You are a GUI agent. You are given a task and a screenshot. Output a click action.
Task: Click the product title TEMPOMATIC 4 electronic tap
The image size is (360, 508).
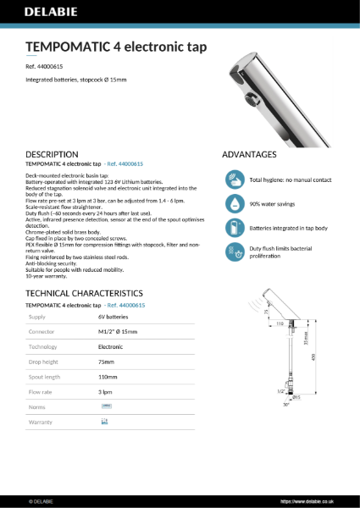click(x=115, y=46)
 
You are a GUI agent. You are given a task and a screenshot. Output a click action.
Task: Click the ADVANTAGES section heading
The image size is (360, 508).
click(x=249, y=155)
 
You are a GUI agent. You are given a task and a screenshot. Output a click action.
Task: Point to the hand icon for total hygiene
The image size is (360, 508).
click(x=234, y=179)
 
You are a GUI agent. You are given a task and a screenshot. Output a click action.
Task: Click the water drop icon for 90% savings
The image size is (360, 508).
click(x=234, y=203)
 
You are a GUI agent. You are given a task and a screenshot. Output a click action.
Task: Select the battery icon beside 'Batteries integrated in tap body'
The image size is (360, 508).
click(x=234, y=227)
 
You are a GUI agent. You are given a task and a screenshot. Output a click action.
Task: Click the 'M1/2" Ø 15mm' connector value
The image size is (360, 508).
click(x=118, y=332)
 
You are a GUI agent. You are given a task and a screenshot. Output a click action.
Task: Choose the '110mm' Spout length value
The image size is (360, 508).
click(x=108, y=377)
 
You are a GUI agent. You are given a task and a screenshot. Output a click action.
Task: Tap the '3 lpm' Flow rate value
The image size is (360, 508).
click(x=106, y=392)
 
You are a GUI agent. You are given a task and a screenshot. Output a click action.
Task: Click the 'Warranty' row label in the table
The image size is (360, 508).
click(x=41, y=421)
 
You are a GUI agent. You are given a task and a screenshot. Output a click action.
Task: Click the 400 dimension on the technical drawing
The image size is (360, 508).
click(x=336, y=356)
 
